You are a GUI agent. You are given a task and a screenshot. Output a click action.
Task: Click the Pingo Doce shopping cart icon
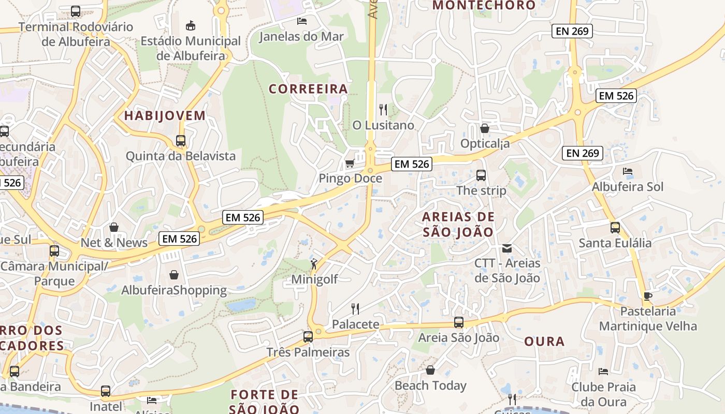(x=350, y=164)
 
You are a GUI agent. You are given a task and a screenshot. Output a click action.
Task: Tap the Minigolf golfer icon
(x=314, y=264)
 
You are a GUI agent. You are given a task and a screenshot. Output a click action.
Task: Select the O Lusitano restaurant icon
(x=383, y=110)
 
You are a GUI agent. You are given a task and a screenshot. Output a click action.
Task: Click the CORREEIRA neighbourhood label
(x=308, y=89)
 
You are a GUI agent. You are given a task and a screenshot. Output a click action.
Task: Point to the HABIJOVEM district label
(x=165, y=115)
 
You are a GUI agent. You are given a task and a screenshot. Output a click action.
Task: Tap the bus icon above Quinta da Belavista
(x=181, y=141)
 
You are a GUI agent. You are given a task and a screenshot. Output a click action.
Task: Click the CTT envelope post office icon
(x=506, y=248)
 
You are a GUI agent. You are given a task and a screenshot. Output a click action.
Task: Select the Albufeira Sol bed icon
(x=628, y=171)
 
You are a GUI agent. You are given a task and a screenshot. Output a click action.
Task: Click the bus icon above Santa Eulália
(x=615, y=228)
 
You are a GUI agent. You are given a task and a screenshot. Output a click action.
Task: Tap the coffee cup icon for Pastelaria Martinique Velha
(x=647, y=297)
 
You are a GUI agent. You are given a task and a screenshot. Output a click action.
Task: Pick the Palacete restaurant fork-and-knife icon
(x=355, y=309)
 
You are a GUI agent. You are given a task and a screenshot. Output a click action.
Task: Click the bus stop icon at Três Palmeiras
(x=308, y=337)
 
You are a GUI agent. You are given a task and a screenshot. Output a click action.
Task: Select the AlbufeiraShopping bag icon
(x=174, y=275)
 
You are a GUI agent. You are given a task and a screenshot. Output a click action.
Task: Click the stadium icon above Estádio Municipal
(x=191, y=25)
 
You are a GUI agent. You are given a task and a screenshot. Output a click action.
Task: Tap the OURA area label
(x=544, y=342)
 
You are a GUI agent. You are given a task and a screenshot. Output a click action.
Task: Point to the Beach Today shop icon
(x=430, y=371)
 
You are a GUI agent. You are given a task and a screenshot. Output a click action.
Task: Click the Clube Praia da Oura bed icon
(x=603, y=372)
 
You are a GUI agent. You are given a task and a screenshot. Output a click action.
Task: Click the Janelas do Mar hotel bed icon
(x=301, y=21)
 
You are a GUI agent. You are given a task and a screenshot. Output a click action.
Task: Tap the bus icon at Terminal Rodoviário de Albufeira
(x=76, y=11)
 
